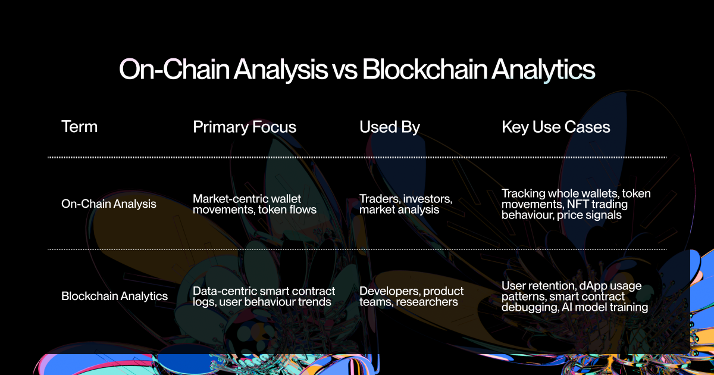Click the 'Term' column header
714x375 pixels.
point(79,127)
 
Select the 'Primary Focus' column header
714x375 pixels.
point(245,127)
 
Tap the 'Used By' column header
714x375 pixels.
point(390,127)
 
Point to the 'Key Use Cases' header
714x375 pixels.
point(556,127)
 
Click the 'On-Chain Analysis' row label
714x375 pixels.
point(109,204)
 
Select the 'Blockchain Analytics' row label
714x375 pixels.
point(114,296)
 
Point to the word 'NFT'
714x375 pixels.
point(577,204)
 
